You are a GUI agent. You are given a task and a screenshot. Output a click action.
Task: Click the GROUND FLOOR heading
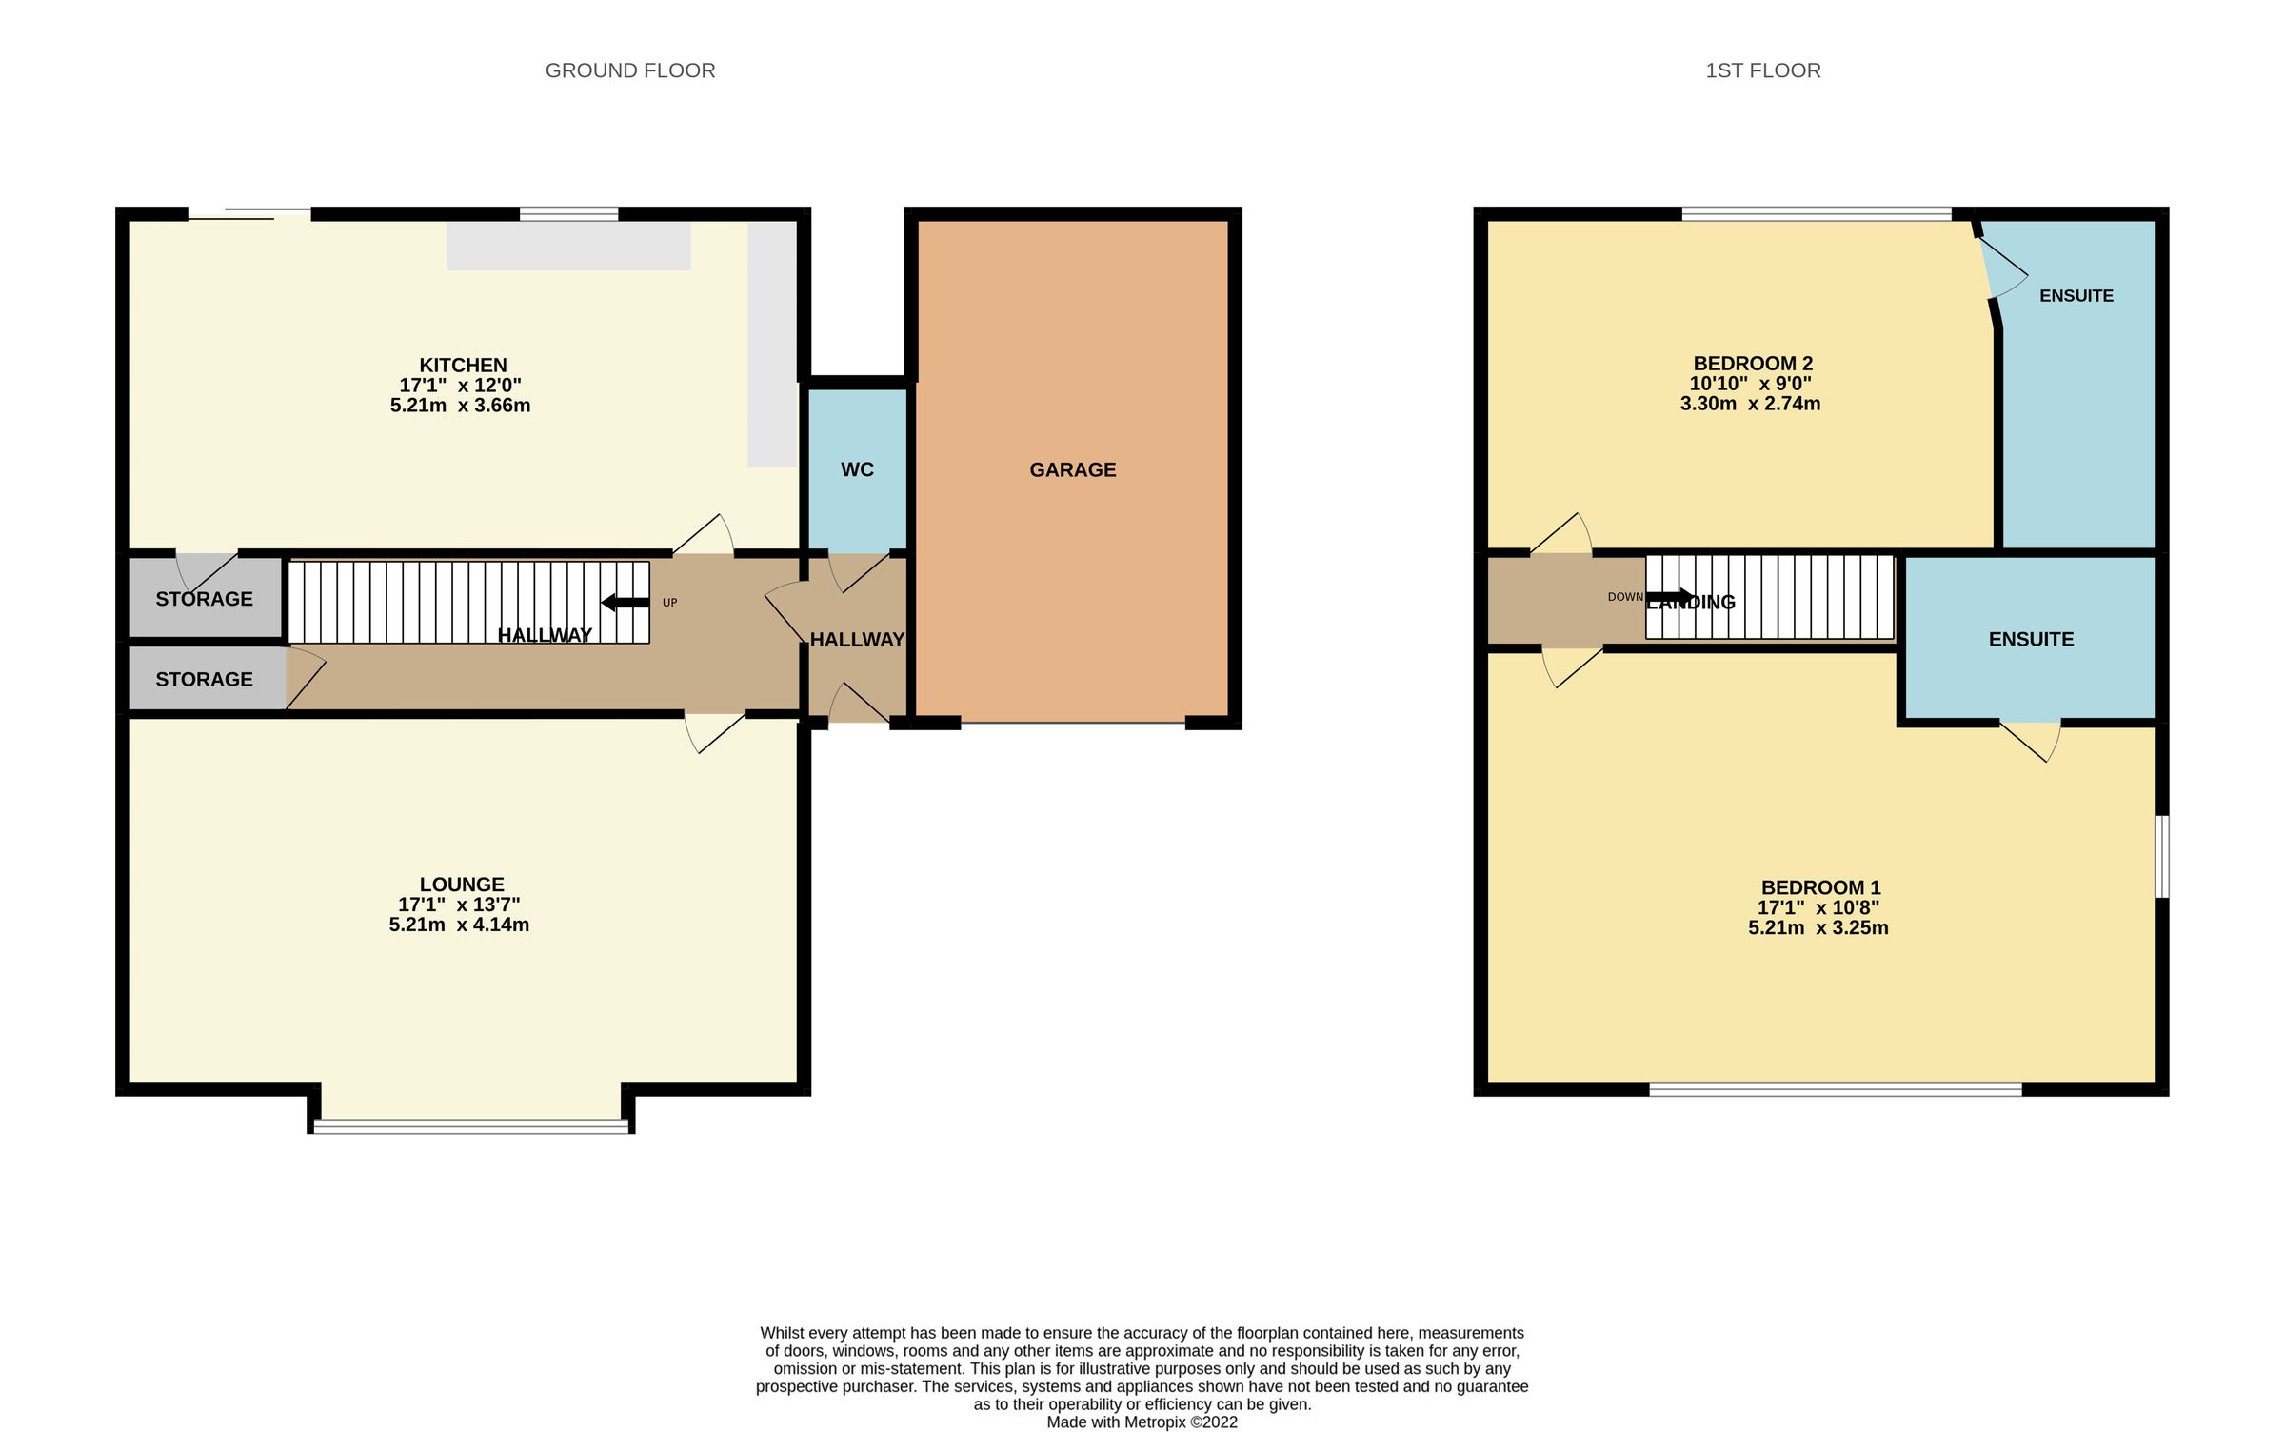629,70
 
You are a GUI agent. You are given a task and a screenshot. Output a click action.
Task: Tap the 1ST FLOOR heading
1762,70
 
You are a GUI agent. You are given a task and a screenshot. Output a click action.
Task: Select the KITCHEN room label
463,365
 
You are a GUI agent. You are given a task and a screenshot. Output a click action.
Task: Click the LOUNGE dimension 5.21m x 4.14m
459,925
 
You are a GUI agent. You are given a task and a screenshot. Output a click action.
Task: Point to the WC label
857,469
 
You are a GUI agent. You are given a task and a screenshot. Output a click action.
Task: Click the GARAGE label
1072,469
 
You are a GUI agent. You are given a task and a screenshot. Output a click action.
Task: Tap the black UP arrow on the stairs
625,602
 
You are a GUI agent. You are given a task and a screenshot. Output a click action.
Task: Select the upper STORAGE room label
204,599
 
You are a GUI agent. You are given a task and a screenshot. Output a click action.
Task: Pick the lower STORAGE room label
204,679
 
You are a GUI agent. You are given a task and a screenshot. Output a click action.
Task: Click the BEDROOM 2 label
1752,363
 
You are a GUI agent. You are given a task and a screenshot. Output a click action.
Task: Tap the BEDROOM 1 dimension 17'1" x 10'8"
1818,907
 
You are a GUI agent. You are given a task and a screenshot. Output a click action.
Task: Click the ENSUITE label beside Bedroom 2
2076,296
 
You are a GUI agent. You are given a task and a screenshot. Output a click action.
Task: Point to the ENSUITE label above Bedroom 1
2031,639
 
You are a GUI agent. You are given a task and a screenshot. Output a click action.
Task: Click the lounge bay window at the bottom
470,1126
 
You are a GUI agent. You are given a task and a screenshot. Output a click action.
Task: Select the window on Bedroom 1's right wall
2161,856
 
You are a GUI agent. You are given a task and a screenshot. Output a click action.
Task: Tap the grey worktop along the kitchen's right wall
771,343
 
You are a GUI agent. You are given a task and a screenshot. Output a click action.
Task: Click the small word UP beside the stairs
669,603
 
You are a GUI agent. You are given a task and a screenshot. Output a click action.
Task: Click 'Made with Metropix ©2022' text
1142,1422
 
